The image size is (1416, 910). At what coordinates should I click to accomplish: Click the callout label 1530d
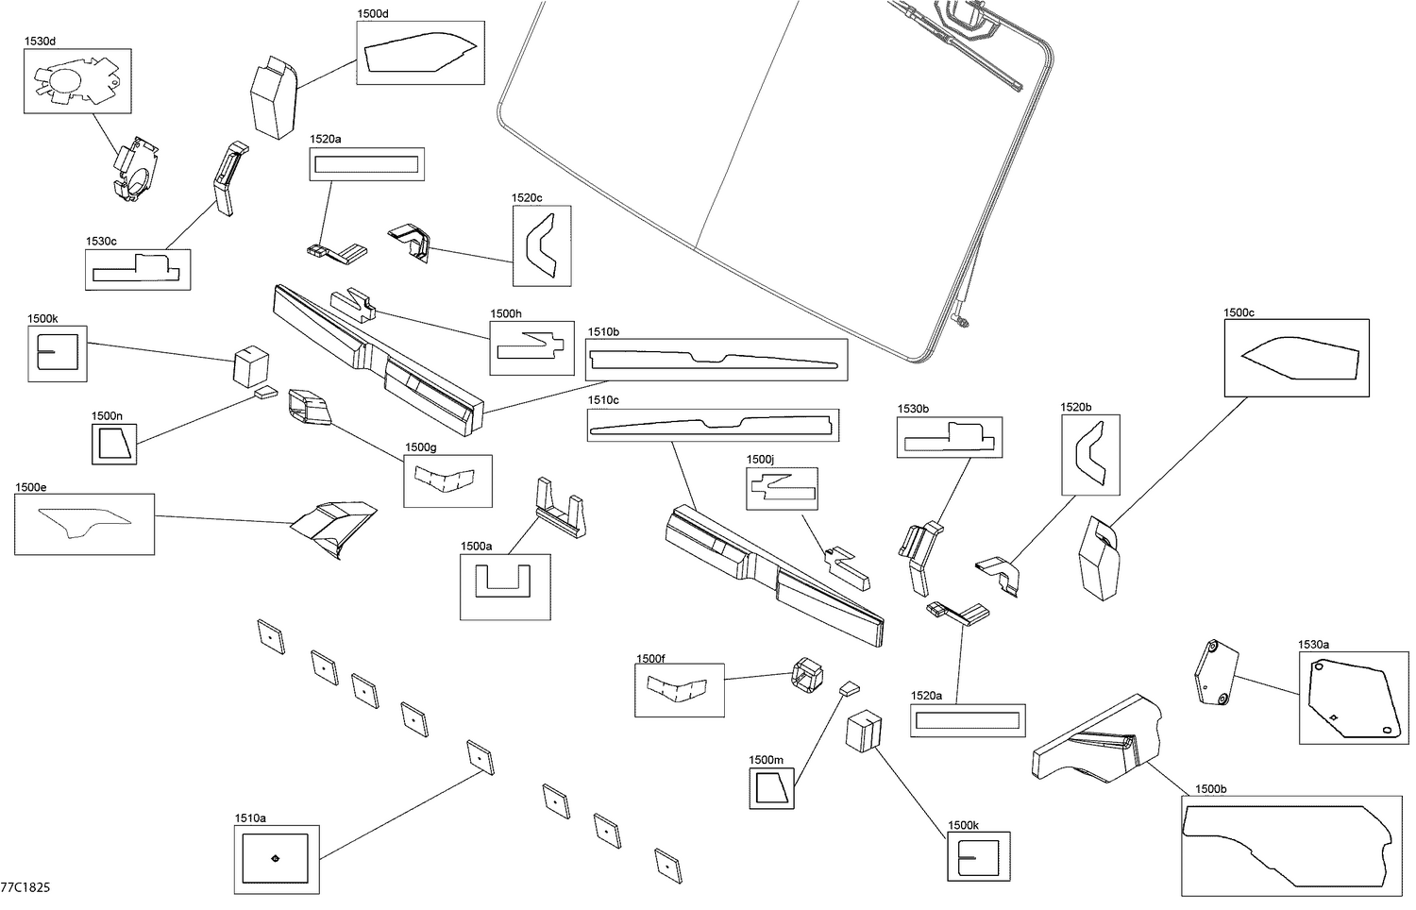pos(40,42)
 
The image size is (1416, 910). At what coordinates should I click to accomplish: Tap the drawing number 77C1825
pos(25,887)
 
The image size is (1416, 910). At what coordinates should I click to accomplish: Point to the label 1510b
pos(603,331)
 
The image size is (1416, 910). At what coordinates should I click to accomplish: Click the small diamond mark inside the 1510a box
pos(275,857)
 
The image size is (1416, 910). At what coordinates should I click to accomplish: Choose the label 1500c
pos(1239,312)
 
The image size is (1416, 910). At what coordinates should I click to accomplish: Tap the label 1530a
pos(1314,645)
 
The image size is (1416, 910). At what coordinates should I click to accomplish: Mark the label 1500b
pos(1210,789)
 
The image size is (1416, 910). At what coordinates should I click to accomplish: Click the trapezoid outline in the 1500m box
pos(771,787)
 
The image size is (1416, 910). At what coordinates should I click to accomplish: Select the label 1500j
pos(760,460)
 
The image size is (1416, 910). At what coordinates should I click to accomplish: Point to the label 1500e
pos(31,487)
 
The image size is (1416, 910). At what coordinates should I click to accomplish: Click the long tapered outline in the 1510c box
pos(712,426)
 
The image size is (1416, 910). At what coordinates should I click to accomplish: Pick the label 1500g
pos(420,447)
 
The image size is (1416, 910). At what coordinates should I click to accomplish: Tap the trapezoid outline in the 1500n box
pos(114,445)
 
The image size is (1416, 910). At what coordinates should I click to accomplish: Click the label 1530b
pos(913,409)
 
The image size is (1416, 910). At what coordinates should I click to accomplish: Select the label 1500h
pos(506,314)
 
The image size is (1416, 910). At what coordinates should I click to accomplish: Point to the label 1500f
pos(650,659)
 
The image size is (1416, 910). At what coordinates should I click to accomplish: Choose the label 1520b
pos(1076,408)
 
